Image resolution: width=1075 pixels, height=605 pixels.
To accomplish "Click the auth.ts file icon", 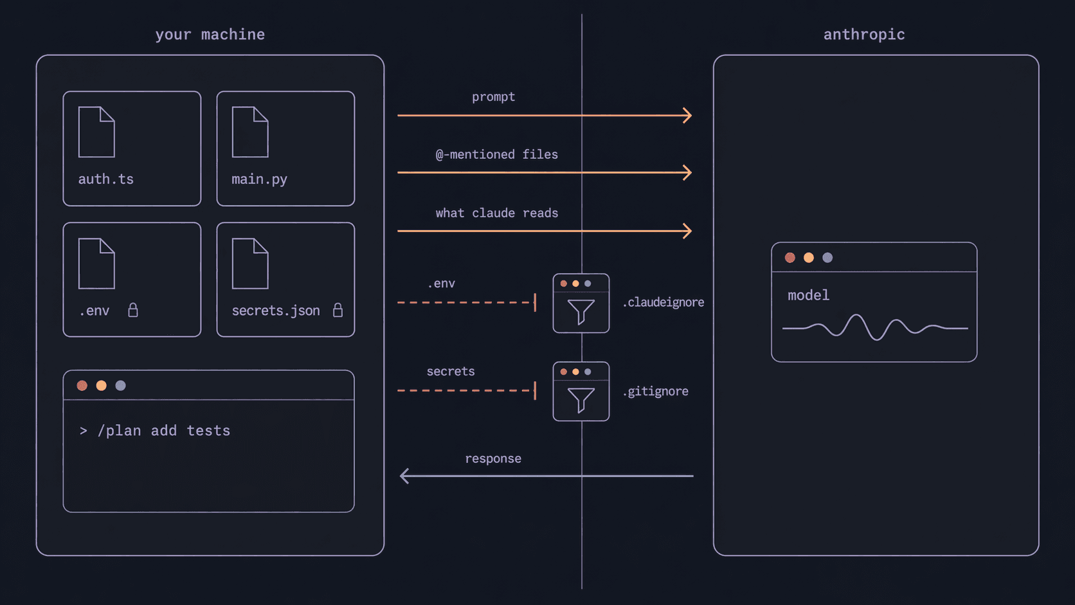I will pos(96,132).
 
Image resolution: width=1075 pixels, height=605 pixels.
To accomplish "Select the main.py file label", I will pos(259,179).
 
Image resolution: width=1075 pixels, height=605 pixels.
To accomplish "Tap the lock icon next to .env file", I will pos(133,311).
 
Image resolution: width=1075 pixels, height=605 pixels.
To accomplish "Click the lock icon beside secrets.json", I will pos(338,311).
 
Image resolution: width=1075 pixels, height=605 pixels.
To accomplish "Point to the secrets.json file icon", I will pos(250,264).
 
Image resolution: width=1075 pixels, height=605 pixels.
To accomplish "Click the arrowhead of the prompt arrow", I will pos(687,116).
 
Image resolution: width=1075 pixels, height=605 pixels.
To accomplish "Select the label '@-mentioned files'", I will pos(496,154).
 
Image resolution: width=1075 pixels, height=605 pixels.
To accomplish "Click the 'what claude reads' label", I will pos(496,213).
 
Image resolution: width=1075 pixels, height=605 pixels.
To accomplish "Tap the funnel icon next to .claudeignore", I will pos(581,311).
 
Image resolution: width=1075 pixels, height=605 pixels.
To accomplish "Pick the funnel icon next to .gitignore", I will pos(581,399).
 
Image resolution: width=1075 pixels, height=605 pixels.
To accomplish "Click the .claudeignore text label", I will pos(663,302).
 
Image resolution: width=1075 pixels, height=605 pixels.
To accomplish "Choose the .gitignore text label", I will pos(655,391).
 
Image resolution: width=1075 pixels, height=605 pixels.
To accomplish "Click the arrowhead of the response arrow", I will pos(404,476).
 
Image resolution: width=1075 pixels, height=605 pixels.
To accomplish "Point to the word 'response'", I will pos(492,458).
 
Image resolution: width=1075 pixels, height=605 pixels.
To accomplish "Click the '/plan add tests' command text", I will pos(163,431).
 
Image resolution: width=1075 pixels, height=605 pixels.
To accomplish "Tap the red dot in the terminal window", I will pos(82,386).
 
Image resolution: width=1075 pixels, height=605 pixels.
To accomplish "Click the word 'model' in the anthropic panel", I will pos(808,295).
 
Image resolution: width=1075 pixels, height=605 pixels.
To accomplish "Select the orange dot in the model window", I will pos(809,258).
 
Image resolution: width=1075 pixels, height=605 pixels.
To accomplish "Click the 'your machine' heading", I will pos(210,35).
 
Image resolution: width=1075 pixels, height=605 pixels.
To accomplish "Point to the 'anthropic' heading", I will pos(863,35).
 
